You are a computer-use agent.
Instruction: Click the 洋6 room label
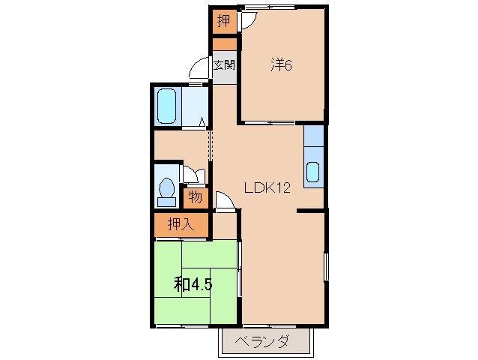(281, 65)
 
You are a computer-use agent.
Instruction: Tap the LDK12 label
(267, 187)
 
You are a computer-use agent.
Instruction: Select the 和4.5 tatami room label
(193, 285)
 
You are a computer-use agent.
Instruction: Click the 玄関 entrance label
(224, 65)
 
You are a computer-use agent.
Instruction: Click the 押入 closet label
(181, 225)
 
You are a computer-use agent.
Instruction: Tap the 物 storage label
(195, 197)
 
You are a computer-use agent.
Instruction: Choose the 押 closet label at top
(224, 21)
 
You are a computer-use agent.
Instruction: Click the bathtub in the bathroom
(166, 106)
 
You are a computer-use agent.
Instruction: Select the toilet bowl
(166, 187)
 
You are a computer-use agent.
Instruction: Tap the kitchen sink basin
(312, 172)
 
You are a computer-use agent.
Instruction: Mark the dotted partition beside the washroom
(210, 145)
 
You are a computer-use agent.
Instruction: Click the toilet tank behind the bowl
(166, 202)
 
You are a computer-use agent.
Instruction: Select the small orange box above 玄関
(224, 44)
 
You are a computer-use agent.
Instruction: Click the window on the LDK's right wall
(326, 266)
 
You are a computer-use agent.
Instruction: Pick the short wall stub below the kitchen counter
(311, 211)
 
